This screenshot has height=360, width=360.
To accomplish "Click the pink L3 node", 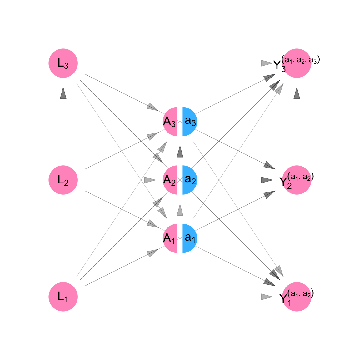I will tap(63, 63).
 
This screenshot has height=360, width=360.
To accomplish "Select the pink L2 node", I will tap(63, 180).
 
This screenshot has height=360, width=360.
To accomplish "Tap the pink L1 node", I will tap(63, 297).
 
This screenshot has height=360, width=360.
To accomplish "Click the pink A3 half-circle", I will tap(170, 122).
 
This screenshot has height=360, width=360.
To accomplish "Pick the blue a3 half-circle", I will tap(190, 122).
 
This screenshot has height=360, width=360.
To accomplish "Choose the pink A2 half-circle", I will tap(170, 180).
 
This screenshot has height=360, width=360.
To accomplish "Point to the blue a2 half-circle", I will tap(190, 180).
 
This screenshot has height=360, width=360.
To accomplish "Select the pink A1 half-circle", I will tap(170, 238).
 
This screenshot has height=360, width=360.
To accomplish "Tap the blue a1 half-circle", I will tap(190, 238).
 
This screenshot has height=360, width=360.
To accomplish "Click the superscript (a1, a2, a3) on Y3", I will tap(301, 60).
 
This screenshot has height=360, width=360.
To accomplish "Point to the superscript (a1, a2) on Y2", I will tap(301, 177).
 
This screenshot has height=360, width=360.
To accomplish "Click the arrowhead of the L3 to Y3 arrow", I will tap(267, 63).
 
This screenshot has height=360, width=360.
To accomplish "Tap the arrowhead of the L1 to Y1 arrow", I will tap(267, 297).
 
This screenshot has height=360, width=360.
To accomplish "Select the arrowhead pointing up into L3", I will tap(63, 93).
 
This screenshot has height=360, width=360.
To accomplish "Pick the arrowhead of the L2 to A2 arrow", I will tap(150, 180).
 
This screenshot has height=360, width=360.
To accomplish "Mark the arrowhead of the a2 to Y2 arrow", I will tap(267, 180).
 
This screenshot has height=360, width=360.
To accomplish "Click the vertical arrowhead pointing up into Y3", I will tap(297, 93).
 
